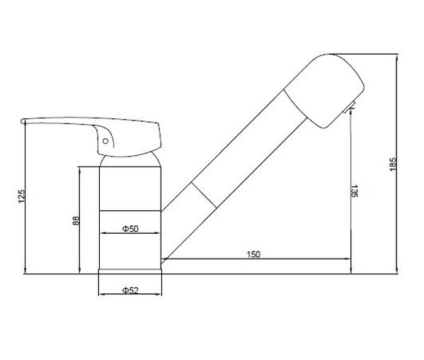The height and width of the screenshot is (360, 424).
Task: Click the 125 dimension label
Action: (21, 196)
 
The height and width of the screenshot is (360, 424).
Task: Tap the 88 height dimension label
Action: (76, 220)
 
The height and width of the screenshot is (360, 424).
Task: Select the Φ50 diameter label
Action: (130, 229)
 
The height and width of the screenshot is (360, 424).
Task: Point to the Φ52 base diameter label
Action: (130, 291)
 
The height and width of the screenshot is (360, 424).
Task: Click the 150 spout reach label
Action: (253, 254)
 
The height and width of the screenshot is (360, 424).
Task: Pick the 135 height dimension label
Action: (354, 191)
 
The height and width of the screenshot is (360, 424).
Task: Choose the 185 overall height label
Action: (393, 164)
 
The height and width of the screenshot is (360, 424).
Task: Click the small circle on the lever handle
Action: (105, 141)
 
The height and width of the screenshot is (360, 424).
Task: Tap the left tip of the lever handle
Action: (21, 121)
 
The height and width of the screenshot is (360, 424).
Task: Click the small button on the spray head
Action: (349, 107)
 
